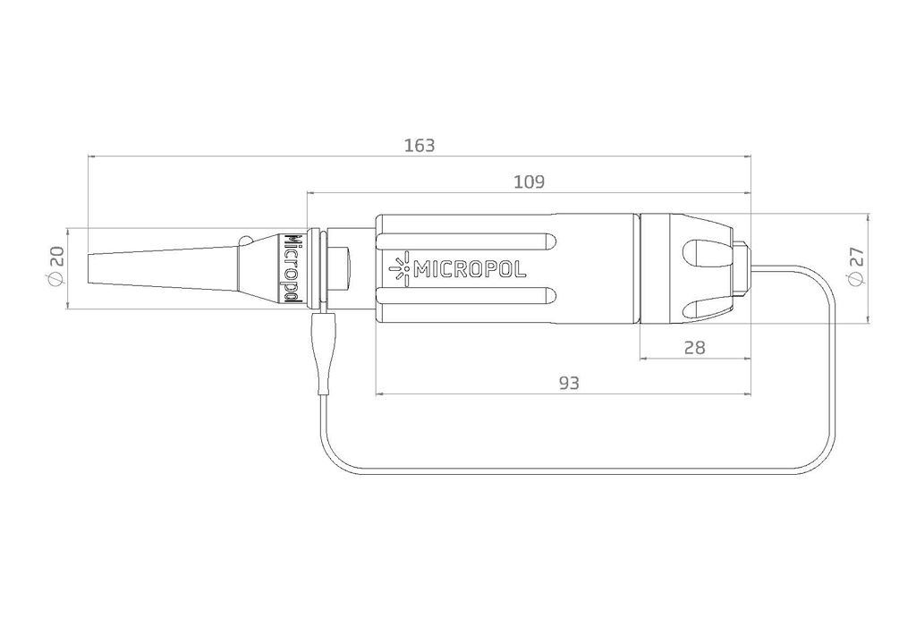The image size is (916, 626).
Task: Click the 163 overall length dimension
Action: coord(419,145)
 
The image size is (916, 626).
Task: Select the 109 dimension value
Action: coord(529,182)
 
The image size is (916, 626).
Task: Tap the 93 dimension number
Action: coord(569,383)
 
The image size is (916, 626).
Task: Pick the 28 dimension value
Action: coord(693,348)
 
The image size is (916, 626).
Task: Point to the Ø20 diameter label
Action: coord(56,267)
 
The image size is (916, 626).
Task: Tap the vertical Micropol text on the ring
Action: coord(292,266)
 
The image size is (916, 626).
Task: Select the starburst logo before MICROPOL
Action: coord(400,267)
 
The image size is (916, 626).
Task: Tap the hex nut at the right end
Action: coord(741,267)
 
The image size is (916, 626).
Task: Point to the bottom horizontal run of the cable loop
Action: coord(572,473)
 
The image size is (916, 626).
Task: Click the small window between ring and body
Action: coord(341,266)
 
